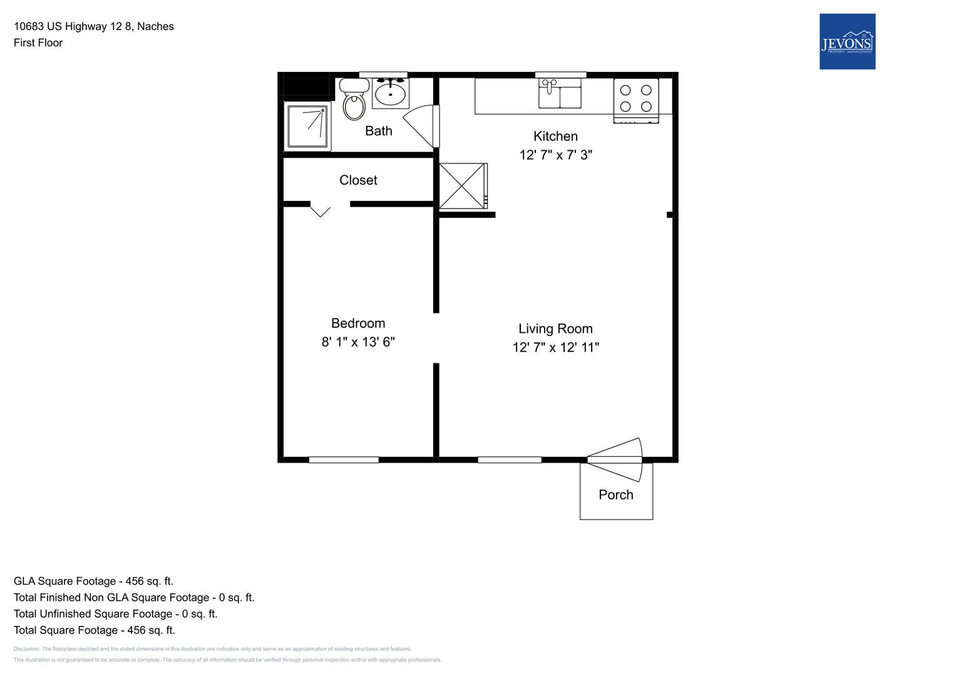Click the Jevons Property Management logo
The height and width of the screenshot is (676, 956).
coord(847,41)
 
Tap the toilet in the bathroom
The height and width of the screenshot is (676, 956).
coord(354,99)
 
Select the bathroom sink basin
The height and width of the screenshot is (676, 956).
coord(391,93)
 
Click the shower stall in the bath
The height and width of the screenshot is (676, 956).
coord(307,126)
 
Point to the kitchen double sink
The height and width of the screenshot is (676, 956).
coord(560,93)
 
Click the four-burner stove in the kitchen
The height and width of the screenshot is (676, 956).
coord(636,101)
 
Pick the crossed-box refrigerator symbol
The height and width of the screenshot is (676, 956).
coord(463,186)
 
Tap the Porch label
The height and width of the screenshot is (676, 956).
coord(616,494)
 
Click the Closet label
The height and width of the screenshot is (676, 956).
coord(358,180)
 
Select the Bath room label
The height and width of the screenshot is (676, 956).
coord(379,131)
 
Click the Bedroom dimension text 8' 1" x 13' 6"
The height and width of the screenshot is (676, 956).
coord(358,342)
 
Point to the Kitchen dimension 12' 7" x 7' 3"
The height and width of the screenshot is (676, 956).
coord(556,155)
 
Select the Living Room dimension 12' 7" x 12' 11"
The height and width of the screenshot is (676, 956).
coord(556,347)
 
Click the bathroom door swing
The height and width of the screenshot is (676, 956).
coord(421,126)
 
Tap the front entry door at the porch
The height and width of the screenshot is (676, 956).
coord(615,459)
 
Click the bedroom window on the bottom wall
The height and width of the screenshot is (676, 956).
coord(344,459)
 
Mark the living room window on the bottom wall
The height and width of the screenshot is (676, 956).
coord(510,459)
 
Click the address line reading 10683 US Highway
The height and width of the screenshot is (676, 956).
coord(94,26)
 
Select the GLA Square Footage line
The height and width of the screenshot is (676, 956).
coord(93,581)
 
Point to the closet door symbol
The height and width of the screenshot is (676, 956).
coord(320,209)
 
